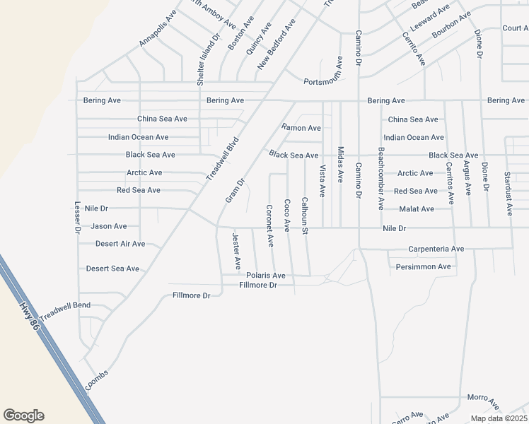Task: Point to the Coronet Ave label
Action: pyautogui.click(x=269, y=225)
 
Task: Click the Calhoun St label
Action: pyautogui.click(x=305, y=216)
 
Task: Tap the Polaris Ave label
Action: pyautogui.click(x=265, y=276)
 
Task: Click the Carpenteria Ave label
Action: pyautogui.click(x=436, y=249)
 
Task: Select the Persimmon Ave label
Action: pyautogui.click(x=423, y=267)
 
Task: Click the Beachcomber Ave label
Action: pyautogui.click(x=380, y=178)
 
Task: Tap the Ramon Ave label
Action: pyautogui.click(x=301, y=128)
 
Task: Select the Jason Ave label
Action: pyautogui.click(x=109, y=226)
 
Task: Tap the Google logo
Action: pyautogui.click(x=23, y=416)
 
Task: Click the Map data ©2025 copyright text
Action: pyautogui.click(x=499, y=418)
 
